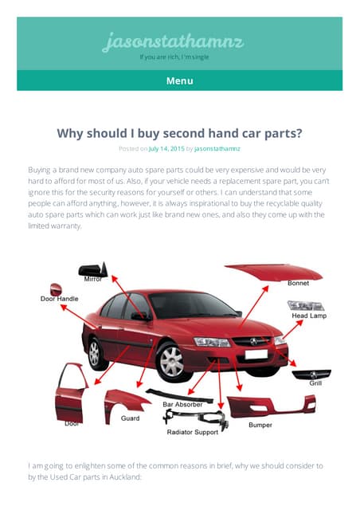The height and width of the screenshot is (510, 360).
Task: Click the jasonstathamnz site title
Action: (x=173, y=42)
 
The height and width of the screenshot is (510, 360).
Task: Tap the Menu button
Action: (x=179, y=80)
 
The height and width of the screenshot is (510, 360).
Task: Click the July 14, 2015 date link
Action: (x=166, y=149)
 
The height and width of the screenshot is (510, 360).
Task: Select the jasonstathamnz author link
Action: (x=217, y=149)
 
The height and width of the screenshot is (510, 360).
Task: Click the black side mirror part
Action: (x=93, y=269)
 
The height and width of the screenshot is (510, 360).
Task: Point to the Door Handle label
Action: (x=59, y=299)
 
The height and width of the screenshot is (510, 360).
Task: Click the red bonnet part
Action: (x=273, y=272)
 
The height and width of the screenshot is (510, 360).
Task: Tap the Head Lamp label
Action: (x=309, y=316)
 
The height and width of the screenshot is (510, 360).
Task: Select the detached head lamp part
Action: (x=306, y=305)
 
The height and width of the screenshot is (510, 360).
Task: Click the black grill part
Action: (x=311, y=374)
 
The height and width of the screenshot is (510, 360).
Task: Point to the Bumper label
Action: (x=260, y=425)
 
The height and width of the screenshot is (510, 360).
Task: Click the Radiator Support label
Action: (x=193, y=432)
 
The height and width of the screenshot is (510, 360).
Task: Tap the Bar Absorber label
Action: (x=182, y=404)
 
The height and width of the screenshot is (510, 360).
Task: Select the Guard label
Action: (x=130, y=418)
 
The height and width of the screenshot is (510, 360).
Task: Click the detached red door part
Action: (x=71, y=394)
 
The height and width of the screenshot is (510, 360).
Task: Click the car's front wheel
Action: (x=172, y=361)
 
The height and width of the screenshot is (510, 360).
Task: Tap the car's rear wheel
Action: (x=95, y=354)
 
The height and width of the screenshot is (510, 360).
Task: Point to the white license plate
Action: (x=256, y=354)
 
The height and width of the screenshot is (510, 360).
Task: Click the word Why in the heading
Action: (x=70, y=133)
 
